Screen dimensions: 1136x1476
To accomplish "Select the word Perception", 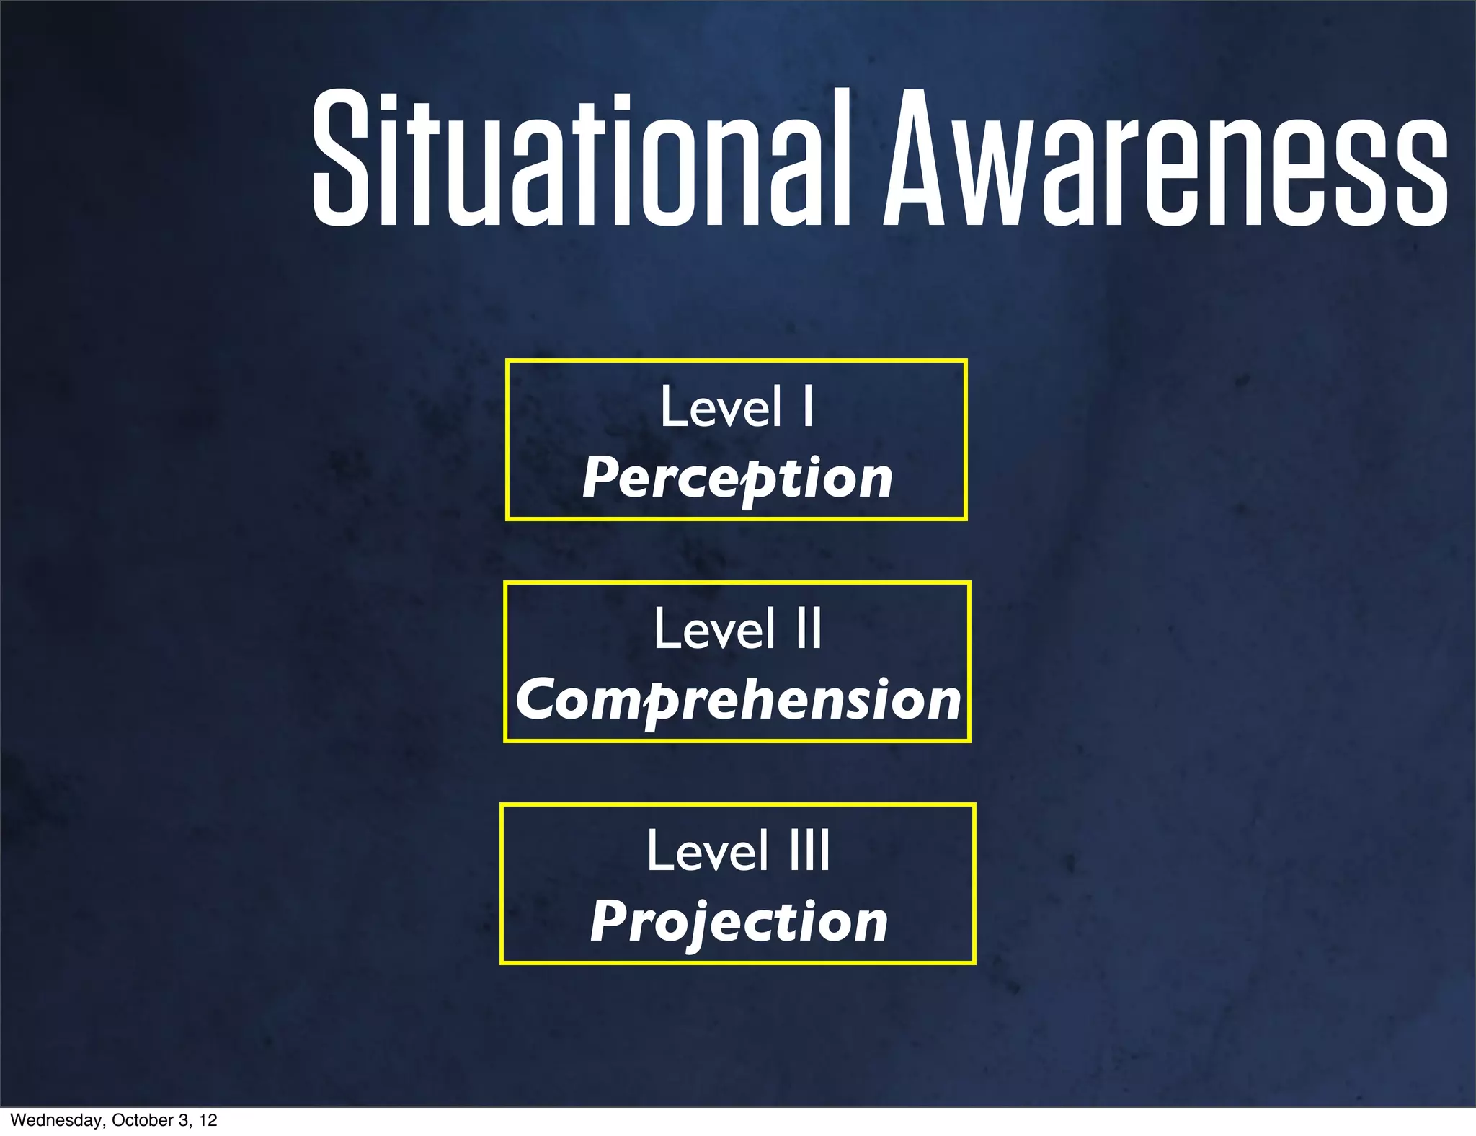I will pyautogui.click(x=737, y=478).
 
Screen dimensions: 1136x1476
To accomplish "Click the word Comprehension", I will pyautogui.click(x=738, y=700).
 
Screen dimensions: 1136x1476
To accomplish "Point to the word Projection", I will pyautogui.click(x=739, y=922).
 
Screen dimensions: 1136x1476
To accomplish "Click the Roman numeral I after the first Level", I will pyautogui.click(x=809, y=407).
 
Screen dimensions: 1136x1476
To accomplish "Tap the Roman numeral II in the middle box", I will pyautogui.click(x=809, y=629).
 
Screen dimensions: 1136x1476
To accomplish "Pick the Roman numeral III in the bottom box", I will pyautogui.click(x=809, y=851).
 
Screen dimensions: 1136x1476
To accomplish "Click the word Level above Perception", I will pyautogui.click(x=721, y=407).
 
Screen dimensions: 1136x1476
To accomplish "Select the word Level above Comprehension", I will pyautogui.click(x=714, y=629).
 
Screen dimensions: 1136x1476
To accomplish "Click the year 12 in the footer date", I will pyautogui.click(x=208, y=1120).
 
